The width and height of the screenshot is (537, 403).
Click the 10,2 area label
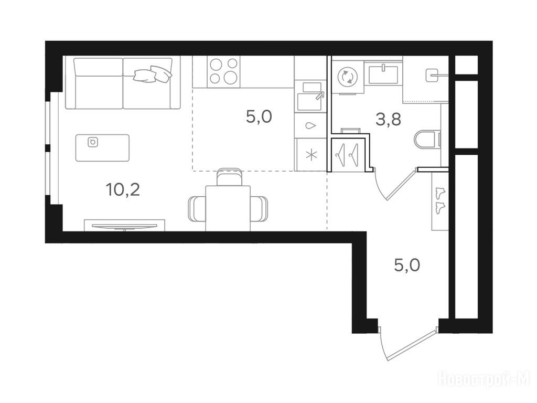point(123,189)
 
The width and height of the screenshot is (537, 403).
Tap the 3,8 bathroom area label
point(389,120)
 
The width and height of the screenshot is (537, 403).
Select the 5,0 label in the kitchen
point(259,117)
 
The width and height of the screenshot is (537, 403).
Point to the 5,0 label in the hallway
point(407,265)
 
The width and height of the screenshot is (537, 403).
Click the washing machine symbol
point(348,77)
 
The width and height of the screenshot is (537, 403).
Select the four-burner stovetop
point(223,71)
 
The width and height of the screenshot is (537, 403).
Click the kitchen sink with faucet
point(309,96)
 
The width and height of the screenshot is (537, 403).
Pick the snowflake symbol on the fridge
point(311,155)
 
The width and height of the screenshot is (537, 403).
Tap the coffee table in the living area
point(102,147)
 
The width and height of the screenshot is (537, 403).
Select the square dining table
point(228,208)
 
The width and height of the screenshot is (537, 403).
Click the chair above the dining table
point(230,177)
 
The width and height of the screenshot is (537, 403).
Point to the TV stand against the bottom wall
point(125,225)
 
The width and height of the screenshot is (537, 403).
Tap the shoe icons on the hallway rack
point(439,201)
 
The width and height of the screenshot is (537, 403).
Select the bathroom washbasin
point(383,74)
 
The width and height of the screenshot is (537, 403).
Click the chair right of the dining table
point(259,209)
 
